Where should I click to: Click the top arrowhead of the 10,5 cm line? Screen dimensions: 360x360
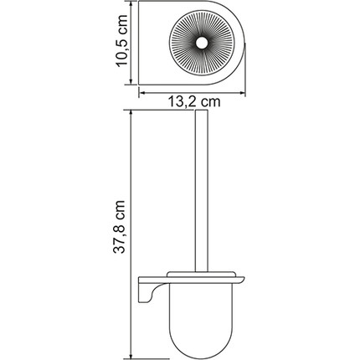pos(135,7)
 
